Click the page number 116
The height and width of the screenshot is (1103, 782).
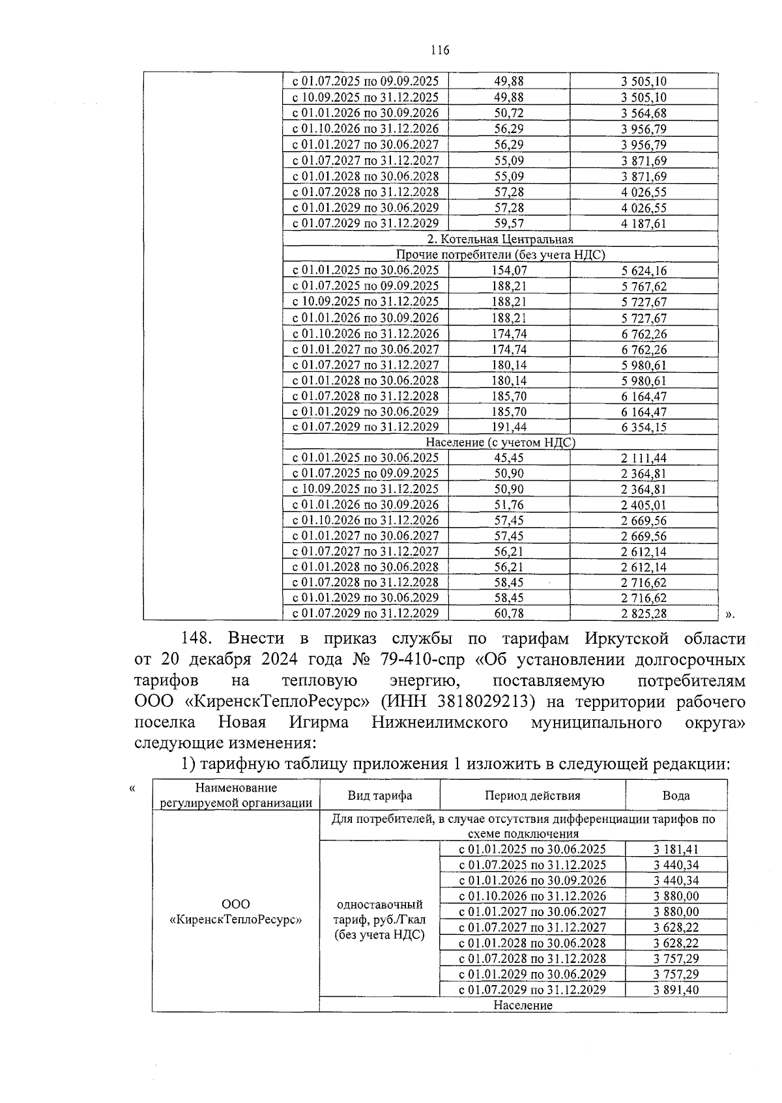click(440, 51)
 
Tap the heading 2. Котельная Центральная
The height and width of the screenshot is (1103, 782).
click(500, 240)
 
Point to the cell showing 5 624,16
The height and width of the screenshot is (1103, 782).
click(643, 271)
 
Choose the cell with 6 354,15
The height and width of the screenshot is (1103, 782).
click(643, 427)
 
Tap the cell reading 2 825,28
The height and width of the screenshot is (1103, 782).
click(643, 614)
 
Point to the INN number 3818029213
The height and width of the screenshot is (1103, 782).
click(469, 702)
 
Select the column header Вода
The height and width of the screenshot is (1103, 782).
click(676, 795)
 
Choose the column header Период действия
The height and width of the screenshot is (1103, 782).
click(532, 795)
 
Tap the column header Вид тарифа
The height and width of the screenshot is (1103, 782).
click(379, 795)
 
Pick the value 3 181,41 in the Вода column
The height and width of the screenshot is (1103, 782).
click(676, 850)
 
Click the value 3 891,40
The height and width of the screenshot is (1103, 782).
click(676, 990)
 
